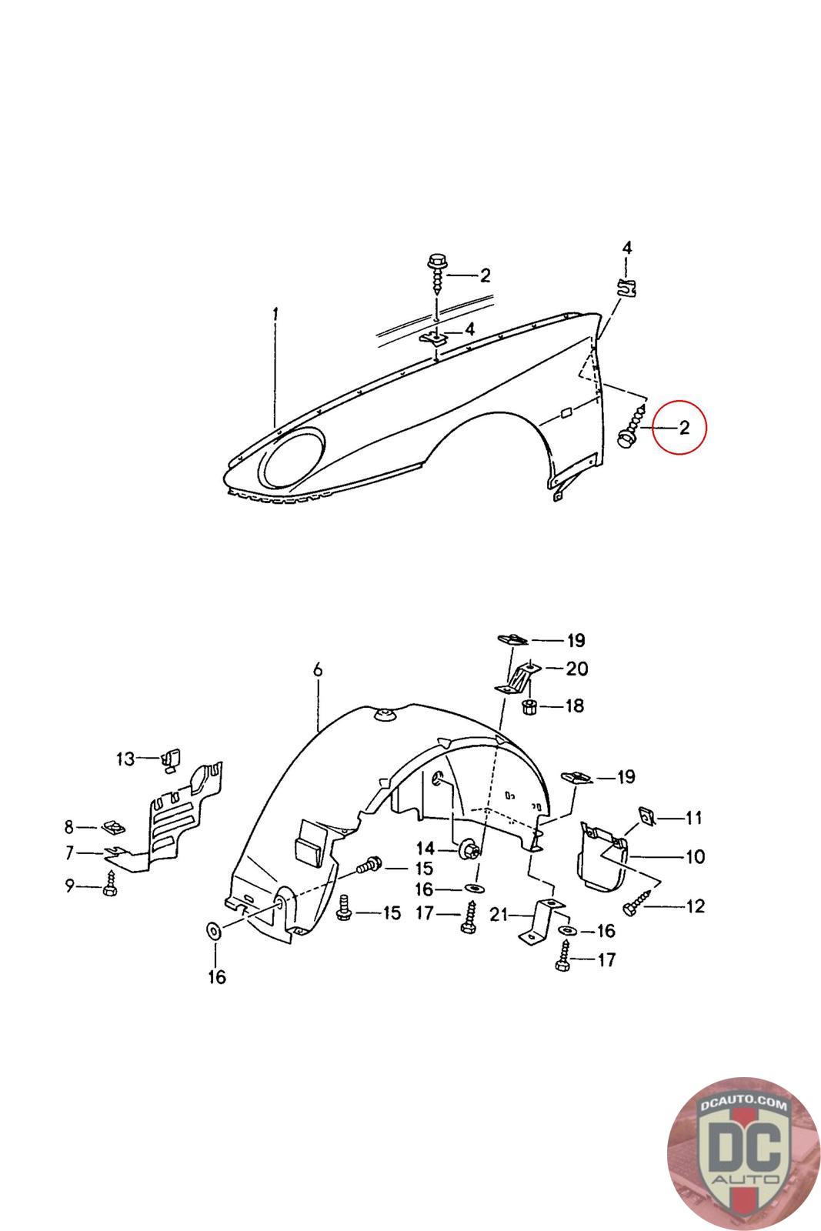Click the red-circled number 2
pos(684,429)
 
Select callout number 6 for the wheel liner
pos(317,671)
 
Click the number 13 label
pos(125,759)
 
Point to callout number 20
pos(576,669)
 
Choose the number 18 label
pos(574,706)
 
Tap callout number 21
pos(499,914)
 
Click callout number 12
pos(695,906)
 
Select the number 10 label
pos(695,856)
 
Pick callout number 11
pos(693,818)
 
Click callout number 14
pos(426,849)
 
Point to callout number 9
pos(70,886)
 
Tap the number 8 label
pos(69,827)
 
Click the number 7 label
pos(69,852)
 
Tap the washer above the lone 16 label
pos(213,929)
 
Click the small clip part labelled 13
pos(170,759)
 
